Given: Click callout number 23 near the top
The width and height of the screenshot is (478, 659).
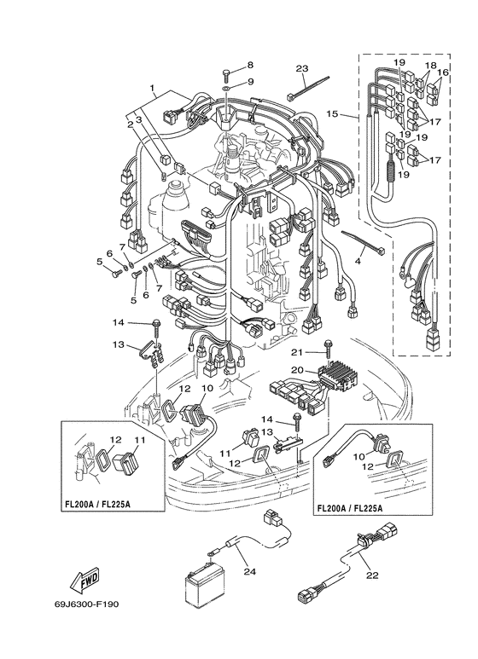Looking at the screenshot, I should (301, 68).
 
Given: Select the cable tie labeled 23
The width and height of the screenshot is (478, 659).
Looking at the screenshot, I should (298, 88).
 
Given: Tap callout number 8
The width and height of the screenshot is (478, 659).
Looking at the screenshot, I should (250, 66).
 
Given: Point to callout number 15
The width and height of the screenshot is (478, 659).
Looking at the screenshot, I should (333, 113).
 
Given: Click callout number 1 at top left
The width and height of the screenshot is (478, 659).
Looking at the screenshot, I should (153, 89).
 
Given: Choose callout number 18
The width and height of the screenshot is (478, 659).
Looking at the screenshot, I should (430, 66).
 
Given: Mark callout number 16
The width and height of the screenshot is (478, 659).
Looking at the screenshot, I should (443, 74).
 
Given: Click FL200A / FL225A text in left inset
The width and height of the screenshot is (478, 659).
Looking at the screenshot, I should (100, 505).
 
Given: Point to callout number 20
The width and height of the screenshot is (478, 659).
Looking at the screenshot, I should (298, 369).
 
